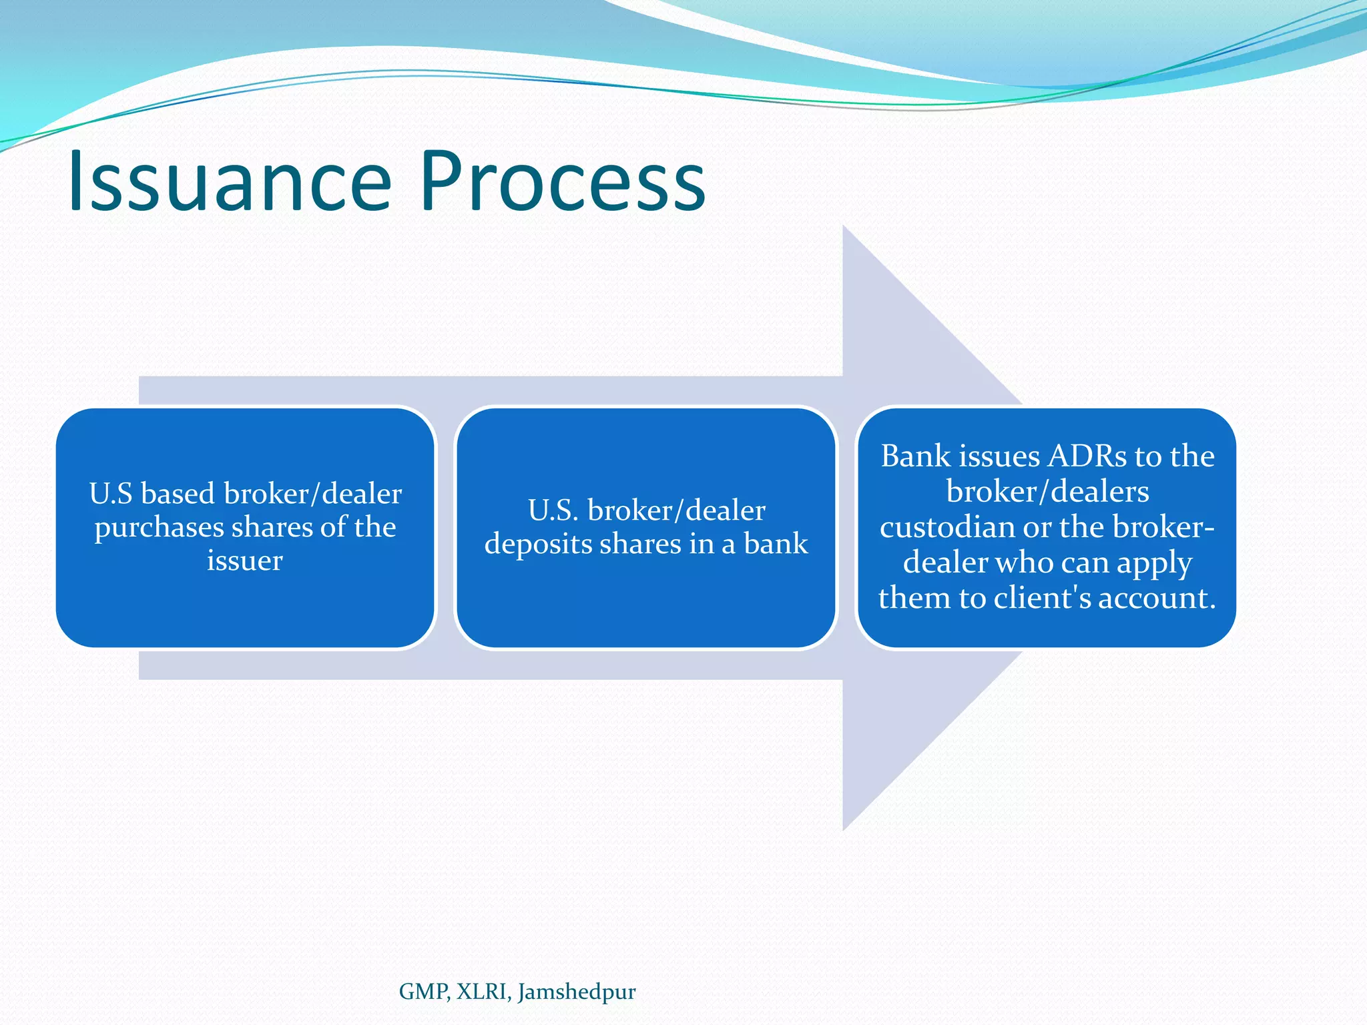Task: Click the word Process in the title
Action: (x=562, y=182)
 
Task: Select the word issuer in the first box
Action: (x=244, y=561)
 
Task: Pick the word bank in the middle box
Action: (x=776, y=545)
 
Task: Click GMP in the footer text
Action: (x=424, y=992)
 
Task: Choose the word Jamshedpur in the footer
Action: (x=577, y=992)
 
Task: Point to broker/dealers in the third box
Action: (x=1047, y=492)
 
